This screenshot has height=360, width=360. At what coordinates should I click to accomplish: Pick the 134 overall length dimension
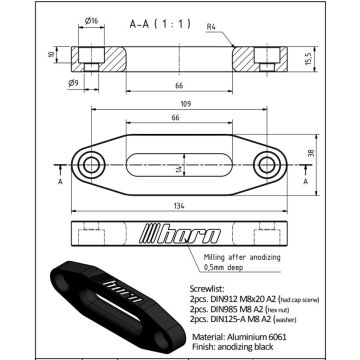click(x=180, y=206)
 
